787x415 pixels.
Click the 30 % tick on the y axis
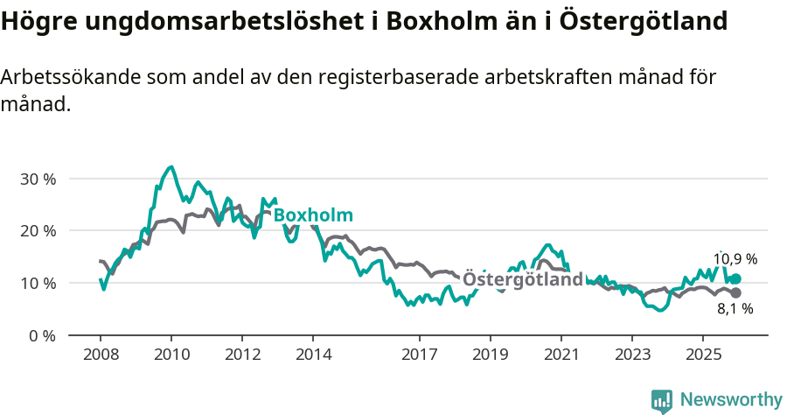coord(37,179)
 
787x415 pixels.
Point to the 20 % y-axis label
coord(37,231)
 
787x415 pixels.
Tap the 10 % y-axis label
coord(37,283)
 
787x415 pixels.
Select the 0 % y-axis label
coord(41,335)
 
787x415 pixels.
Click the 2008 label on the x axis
coord(100,355)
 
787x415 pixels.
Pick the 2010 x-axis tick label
coord(171,355)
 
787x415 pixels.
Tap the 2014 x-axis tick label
coord(313,355)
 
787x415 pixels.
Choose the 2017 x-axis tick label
coord(419,355)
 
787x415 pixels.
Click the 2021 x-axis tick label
coord(561,355)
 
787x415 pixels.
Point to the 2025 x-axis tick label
coord(702,355)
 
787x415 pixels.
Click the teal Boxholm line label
coord(313,215)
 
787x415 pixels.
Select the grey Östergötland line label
coord(522,279)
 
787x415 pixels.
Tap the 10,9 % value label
coord(735,259)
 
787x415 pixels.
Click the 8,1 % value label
coord(735,308)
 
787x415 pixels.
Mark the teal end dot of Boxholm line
coord(735,278)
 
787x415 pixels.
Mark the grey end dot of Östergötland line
coord(735,292)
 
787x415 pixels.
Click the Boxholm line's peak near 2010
coord(171,166)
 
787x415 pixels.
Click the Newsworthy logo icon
coord(662,400)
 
